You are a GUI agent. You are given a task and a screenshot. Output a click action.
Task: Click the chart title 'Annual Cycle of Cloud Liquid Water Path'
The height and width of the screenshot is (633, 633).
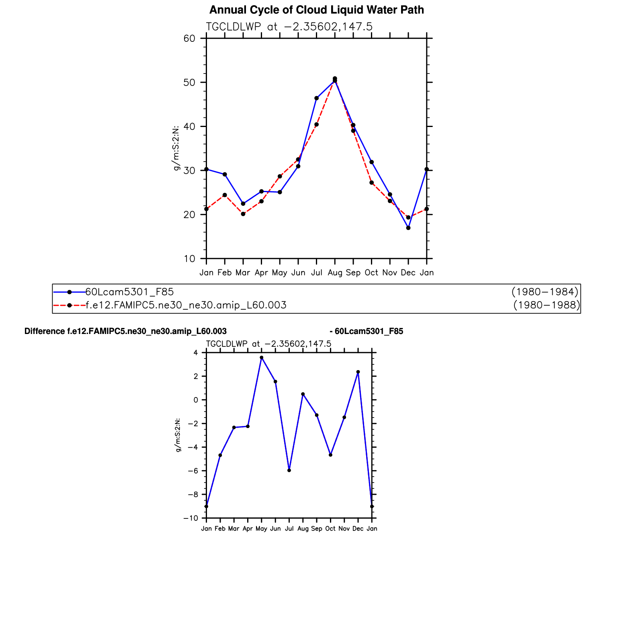coord(316,10)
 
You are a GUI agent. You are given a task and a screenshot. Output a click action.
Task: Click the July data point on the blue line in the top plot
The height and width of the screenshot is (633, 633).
coord(316,98)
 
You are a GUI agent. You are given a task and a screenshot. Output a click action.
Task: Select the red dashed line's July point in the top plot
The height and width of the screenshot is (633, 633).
coord(316,125)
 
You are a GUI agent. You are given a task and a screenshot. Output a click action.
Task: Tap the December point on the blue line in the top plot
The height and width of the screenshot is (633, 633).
coord(408,228)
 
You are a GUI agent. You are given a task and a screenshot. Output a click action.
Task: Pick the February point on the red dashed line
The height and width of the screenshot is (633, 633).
coord(225,195)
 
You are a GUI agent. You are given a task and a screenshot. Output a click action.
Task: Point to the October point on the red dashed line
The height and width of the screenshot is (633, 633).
coord(372,182)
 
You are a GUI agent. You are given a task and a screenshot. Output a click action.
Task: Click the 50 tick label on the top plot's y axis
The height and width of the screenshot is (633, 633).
coord(189,82)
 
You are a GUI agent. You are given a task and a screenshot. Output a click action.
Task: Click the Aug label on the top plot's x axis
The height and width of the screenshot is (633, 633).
coord(335,273)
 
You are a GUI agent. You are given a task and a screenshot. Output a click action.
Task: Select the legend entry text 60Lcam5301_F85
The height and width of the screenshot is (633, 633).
coord(129,292)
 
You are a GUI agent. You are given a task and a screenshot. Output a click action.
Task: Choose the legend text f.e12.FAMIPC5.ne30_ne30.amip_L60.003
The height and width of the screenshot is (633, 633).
coord(186,305)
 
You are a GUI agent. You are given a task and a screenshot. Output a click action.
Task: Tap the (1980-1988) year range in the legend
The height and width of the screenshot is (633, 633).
coord(547,305)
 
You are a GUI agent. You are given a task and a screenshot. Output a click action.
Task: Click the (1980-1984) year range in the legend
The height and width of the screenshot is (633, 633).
coord(545,292)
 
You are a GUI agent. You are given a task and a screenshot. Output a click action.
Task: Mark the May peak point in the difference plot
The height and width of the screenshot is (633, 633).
coord(261,357)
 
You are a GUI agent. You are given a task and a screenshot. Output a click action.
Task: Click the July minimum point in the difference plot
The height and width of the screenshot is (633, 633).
coord(289,470)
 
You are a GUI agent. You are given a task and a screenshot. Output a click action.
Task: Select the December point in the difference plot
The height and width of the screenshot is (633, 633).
coord(358,372)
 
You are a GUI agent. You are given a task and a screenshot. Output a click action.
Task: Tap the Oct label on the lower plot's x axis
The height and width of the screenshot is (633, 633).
coord(330,529)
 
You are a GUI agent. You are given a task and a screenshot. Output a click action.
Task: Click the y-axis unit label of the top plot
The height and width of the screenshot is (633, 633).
coord(176,148)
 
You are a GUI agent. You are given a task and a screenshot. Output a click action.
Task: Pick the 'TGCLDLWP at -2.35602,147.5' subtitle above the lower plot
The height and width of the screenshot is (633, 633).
coord(268,344)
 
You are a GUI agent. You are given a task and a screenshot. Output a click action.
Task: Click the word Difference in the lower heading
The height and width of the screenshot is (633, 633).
coord(45,331)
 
